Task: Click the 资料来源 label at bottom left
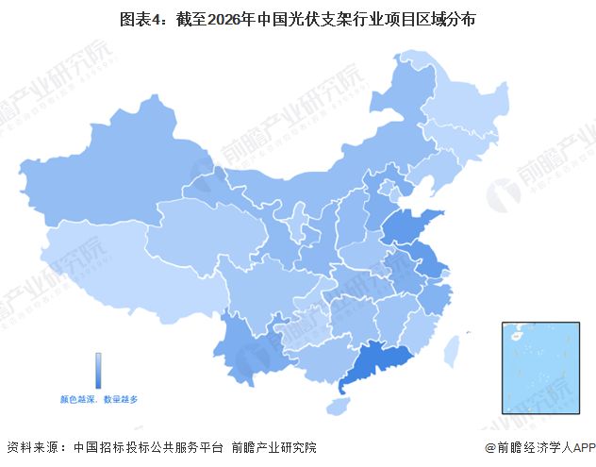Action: (28, 447)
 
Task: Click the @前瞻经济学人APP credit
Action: (538, 447)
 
